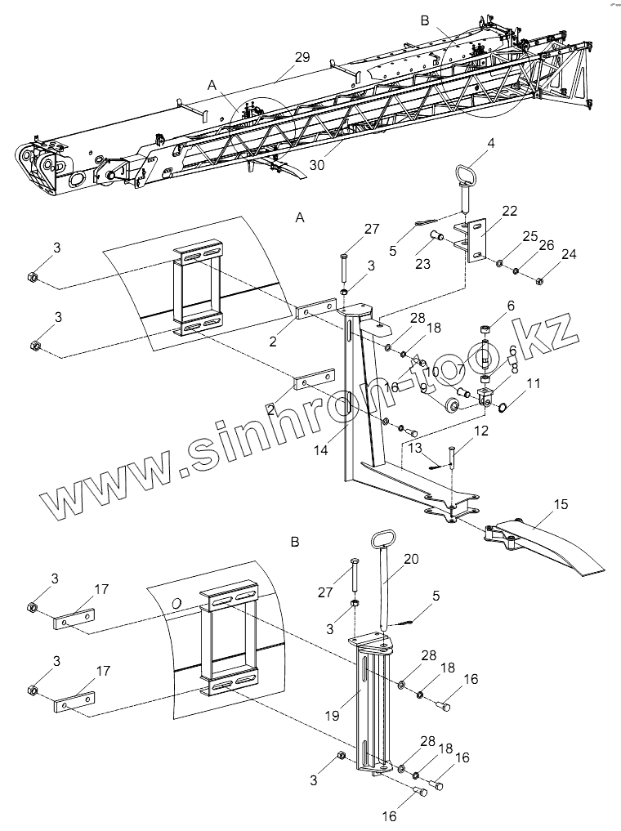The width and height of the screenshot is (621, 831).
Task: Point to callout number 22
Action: pos(509,211)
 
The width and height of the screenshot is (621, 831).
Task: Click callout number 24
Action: pos(569,254)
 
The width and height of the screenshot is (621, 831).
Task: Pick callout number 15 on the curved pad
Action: pos(560,505)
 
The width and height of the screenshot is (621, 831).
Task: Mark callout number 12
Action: pos(481,430)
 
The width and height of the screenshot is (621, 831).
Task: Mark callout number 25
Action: pos(529,236)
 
